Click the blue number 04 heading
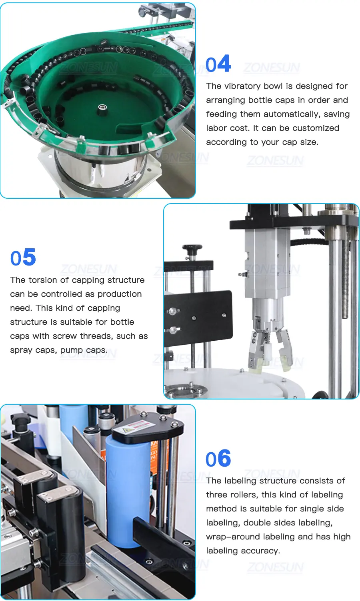[218, 64]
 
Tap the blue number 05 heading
[23, 257]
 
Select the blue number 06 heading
[218, 459]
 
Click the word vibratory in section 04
[242, 86]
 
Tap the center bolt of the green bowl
[102, 108]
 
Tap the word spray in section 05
[21, 350]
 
